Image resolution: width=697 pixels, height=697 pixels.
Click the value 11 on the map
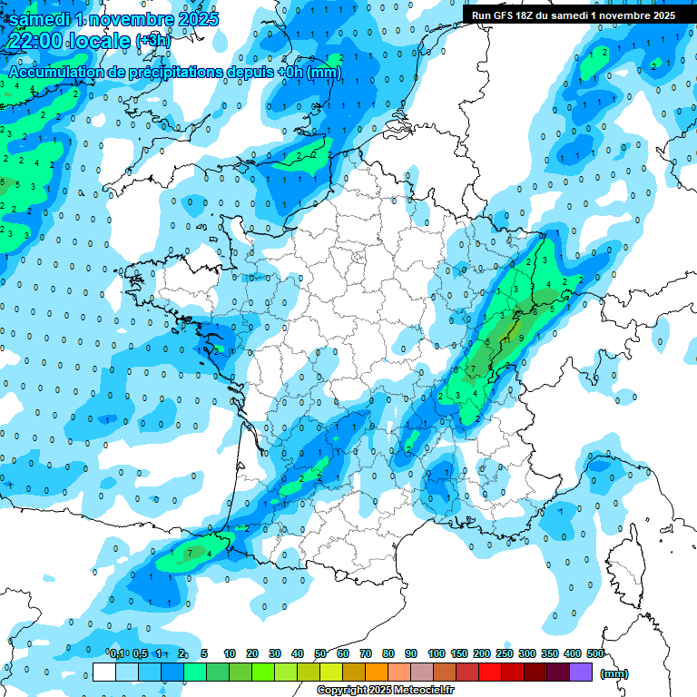tap(508, 339)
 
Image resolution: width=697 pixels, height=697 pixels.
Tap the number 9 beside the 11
tap(521, 339)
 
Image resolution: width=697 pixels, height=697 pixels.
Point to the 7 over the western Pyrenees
tap(188, 552)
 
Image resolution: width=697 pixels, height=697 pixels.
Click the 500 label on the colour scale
tap(595, 653)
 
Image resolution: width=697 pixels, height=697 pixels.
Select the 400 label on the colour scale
tap(573, 653)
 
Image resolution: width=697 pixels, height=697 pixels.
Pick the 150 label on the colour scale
tap(459, 653)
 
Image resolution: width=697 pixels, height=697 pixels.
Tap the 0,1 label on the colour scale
tap(117, 653)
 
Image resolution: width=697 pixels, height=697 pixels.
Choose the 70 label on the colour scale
tap(366, 653)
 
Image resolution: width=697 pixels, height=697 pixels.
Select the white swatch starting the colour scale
tap(104, 672)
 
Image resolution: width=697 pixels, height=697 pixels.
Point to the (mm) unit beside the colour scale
tap(614, 673)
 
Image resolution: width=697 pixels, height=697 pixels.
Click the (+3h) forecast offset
tap(152, 41)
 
